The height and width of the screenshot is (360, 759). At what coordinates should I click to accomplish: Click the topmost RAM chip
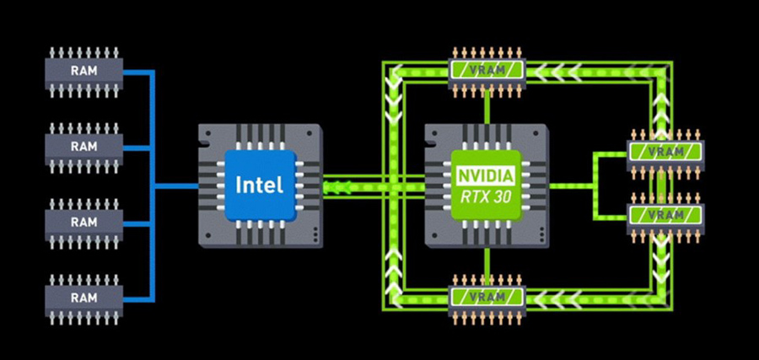83,71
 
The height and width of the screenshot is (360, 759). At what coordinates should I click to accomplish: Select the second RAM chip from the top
83,146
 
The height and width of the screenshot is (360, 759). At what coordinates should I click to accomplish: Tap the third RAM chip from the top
83,222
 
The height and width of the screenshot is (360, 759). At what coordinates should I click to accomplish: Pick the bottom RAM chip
83,297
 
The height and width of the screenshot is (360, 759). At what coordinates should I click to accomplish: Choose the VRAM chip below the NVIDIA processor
487,297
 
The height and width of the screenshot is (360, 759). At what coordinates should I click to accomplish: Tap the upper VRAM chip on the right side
665,151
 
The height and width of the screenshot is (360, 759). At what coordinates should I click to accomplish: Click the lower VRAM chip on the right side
665,215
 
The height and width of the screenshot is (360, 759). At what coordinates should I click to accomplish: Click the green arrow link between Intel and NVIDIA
371,185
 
